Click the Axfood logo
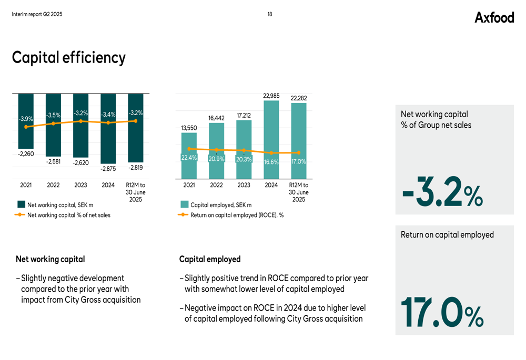tap(494, 17)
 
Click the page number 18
tap(270, 14)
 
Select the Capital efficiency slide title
tap(69, 57)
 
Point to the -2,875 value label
tap(108, 169)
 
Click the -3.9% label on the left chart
tap(26, 119)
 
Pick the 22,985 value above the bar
tap(271, 96)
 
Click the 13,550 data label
tap(189, 128)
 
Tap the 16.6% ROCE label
tap(271, 162)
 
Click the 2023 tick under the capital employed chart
tap(244, 185)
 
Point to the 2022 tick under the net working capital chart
tap(53, 185)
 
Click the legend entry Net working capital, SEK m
tap(60, 205)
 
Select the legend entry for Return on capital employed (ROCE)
tap(237, 215)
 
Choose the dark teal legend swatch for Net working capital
tap(21, 205)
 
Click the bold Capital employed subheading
tap(210, 259)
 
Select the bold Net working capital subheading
tap(50, 259)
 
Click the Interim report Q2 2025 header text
tap(37, 14)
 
